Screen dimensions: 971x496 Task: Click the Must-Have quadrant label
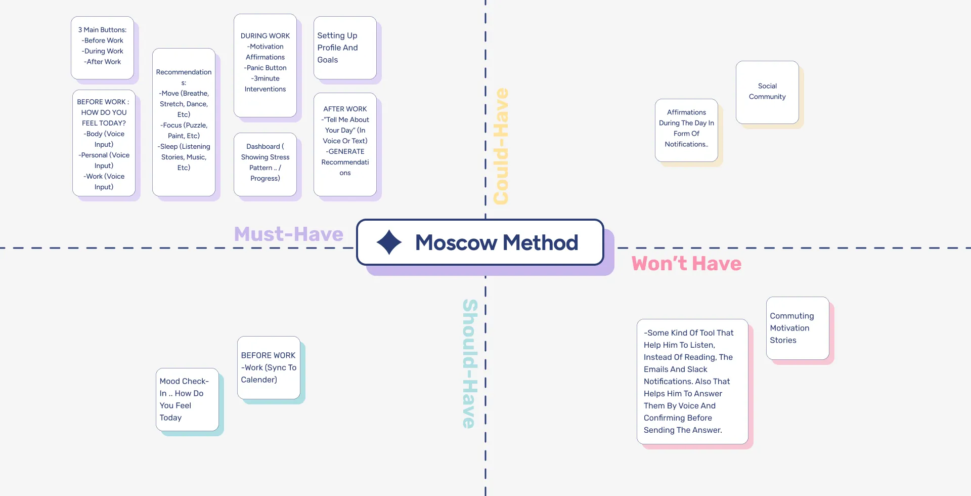[x=288, y=234]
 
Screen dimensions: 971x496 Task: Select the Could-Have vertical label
[x=501, y=147]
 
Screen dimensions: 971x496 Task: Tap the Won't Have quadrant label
[x=686, y=264]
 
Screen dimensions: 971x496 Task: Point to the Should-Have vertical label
[x=470, y=363]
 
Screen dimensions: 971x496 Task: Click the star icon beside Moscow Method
[x=389, y=242]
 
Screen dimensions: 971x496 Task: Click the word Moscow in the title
[x=456, y=243]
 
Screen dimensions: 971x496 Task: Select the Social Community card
[x=767, y=92]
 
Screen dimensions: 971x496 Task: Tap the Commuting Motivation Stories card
[x=797, y=328]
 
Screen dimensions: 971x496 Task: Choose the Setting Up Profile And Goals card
[x=344, y=48]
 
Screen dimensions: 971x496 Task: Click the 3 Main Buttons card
[x=102, y=47]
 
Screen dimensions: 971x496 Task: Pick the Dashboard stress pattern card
[x=265, y=163]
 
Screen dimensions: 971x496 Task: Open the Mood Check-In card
[x=187, y=399]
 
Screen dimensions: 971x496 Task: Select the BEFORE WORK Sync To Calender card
[x=269, y=367]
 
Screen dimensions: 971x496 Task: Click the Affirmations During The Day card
[x=686, y=130]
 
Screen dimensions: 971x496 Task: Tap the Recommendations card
[x=184, y=121]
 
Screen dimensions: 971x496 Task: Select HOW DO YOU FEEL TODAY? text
[x=104, y=117]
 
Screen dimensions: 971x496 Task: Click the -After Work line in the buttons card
[x=103, y=62]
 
